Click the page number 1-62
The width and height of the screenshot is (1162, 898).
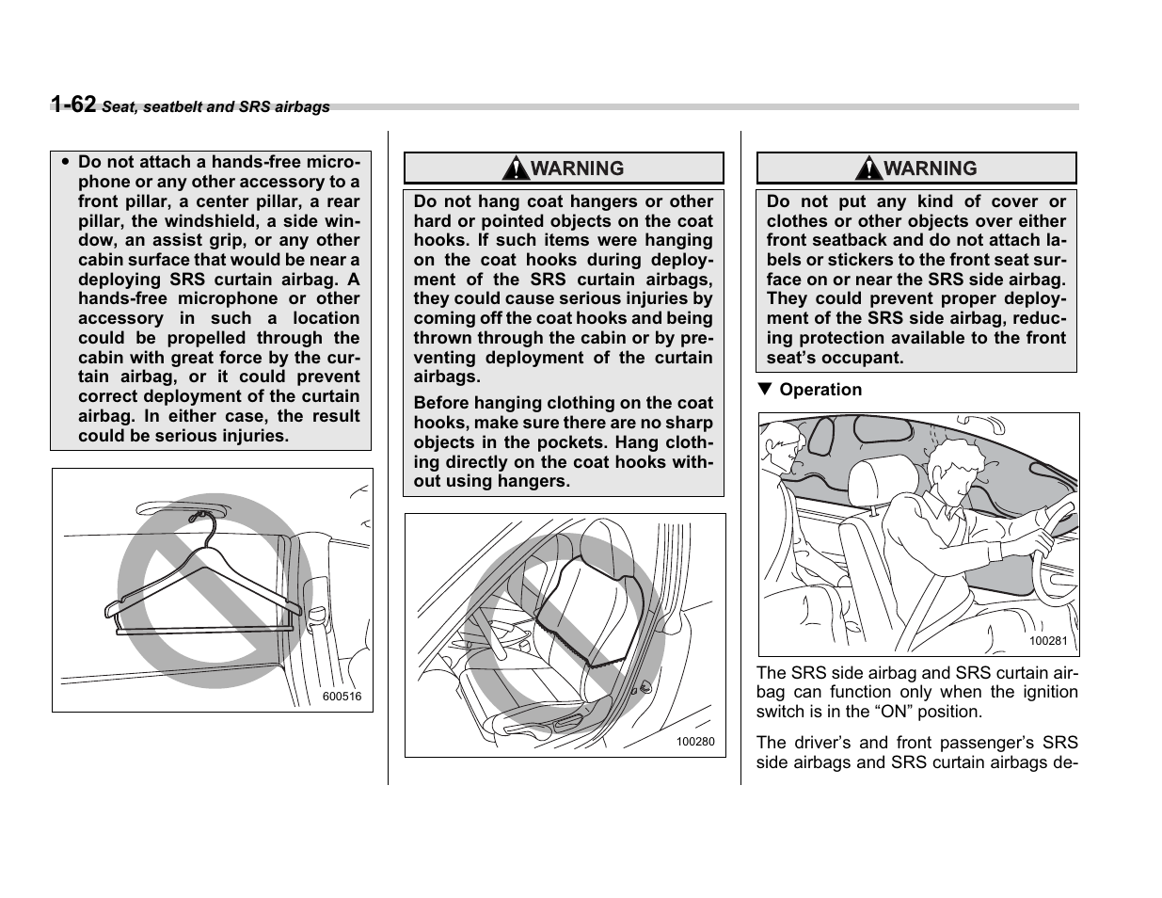73,104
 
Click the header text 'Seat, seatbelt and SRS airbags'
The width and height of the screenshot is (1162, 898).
215,107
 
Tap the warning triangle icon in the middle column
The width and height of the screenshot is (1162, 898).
515,169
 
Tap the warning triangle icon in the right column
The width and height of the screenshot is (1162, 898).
868,169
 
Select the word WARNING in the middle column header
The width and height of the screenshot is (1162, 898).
577,169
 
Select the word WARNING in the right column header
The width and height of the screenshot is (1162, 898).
930,169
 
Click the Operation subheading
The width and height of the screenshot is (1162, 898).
820,390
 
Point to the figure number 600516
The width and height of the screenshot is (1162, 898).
342,698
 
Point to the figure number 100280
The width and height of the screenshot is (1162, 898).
695,742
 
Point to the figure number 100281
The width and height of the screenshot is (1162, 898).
1047,641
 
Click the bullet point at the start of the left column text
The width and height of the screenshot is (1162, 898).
65,162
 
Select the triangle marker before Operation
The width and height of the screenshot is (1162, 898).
765,390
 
